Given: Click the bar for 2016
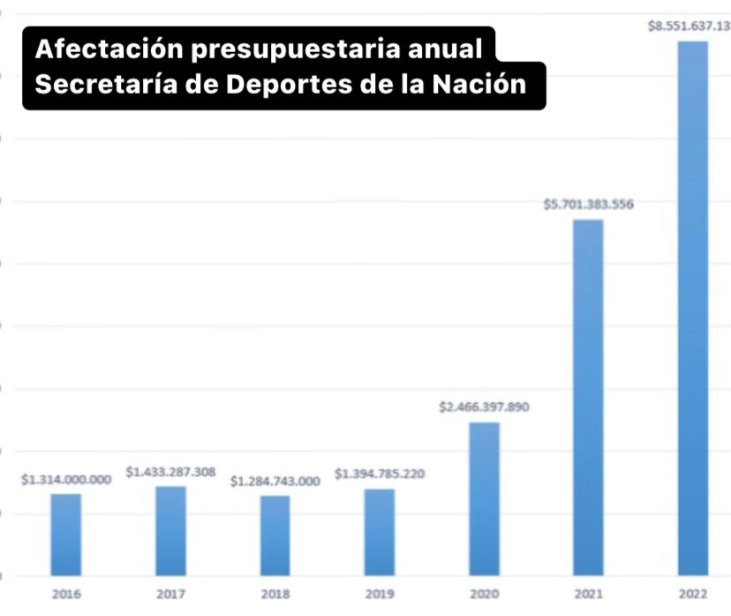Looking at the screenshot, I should (x=65, y=535).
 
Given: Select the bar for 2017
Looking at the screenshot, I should (x=170, y=531).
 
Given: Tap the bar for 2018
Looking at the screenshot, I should (x=275, y=536).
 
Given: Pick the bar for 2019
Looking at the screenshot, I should (x=380, y=532).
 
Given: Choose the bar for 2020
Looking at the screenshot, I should (x=484, y=499).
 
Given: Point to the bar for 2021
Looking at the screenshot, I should (x=588, y=397).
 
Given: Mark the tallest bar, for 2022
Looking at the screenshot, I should (x=692, y=309).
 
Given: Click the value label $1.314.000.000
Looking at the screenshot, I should (x=66, y=480).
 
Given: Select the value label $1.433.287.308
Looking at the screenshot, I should (x=170, y=472).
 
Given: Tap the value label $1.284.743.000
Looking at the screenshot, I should (x=275, y=482).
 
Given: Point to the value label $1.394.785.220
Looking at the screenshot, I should (x=380, y=475).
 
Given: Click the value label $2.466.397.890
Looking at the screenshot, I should (x=484, y=408).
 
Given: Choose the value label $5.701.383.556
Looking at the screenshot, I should (x=588, y=206).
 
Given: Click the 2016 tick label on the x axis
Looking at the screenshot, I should (x=66, y=595).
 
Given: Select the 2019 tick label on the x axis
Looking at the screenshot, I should (x=380, y=595).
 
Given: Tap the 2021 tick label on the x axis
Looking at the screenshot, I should (x=588, y=595).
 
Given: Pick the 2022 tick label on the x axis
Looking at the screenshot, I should (x=692, y=595).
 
